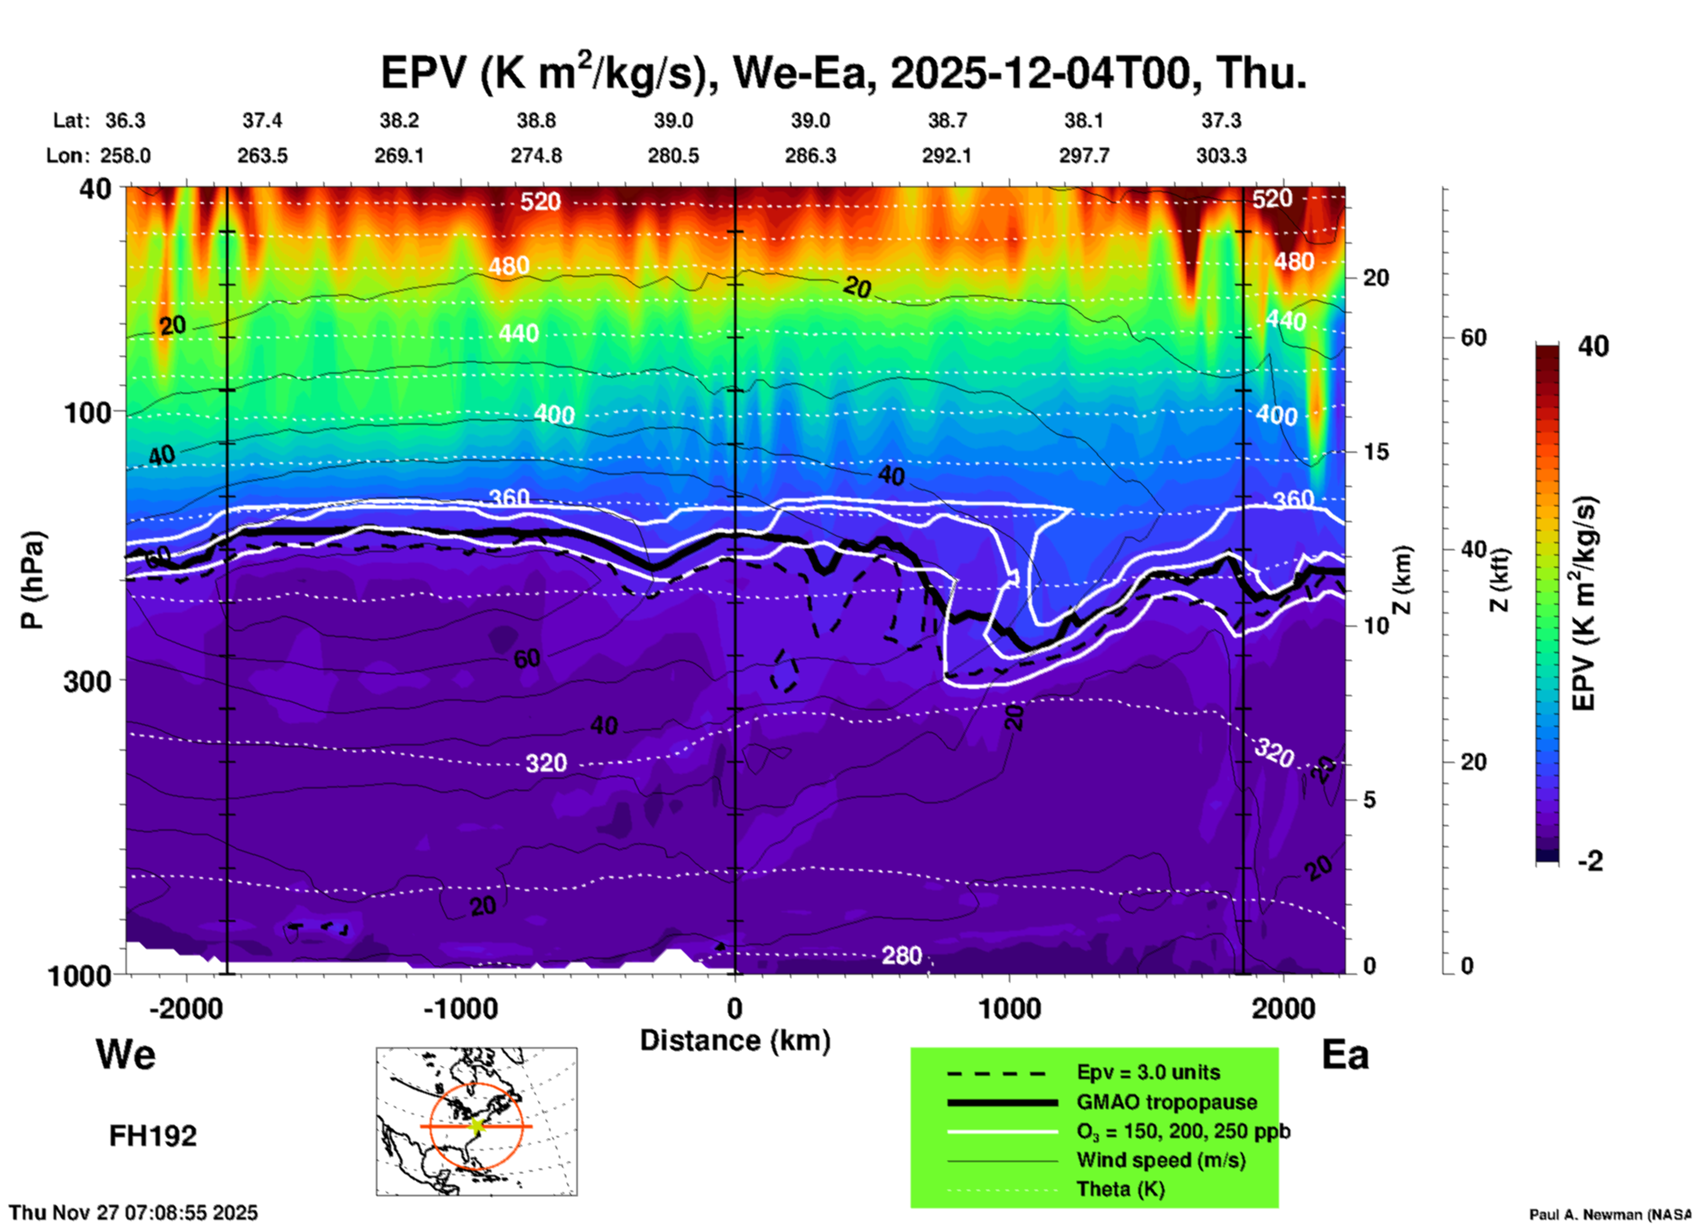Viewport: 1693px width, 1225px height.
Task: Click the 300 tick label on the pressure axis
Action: click(x=87, y=681)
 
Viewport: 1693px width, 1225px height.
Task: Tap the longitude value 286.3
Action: click(x=810, y=156)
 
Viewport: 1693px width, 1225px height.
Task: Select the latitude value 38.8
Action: click(x=536, y=120)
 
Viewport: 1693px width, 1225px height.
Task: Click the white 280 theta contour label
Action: click(x=902, y=955)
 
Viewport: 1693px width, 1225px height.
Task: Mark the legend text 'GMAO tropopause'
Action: click(x=1166, y=1102)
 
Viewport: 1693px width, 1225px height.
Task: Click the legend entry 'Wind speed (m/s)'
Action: click(x=1160, y=1161)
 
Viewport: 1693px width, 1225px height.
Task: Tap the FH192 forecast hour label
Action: click(x=153, y=1136)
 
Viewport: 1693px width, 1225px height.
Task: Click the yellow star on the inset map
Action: click(x=476, y=1126)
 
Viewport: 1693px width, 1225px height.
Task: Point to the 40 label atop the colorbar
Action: click(x=1593, y=346)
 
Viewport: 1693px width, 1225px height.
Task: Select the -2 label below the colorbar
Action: click(x=1590, y=861)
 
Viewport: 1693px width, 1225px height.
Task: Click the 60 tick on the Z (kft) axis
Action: click(x=1473, y=337)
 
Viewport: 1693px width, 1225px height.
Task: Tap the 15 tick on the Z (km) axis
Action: click(x=1376, y=452)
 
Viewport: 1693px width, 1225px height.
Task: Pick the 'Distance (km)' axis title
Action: click(x=735, y=1040)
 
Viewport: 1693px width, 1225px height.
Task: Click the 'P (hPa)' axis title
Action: click(x=33, y=580)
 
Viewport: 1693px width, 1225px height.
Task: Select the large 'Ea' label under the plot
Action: click(x=1345, y=1055)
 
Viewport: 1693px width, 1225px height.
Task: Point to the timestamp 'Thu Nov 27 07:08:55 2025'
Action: click(x=134, y=1213)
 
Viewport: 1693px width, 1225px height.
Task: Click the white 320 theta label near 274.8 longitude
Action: click(x=546, y=763)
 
